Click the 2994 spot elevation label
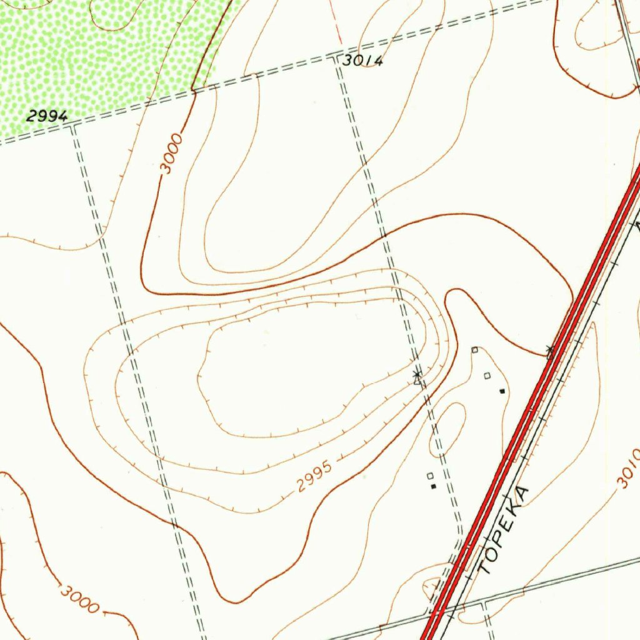point(46,116)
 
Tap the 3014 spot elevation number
point(362,61)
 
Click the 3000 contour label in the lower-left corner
point(79,598)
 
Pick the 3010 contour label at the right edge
point(627,469)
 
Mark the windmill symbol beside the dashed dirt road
point(417,375)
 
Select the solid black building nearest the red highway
point(502,391)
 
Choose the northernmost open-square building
point(474,350)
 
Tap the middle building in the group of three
point(487,376)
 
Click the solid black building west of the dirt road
point(433,486)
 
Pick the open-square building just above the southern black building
point(429,476)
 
